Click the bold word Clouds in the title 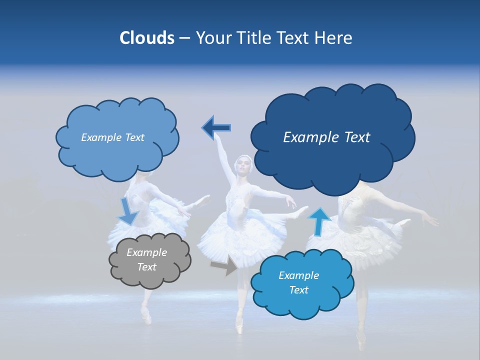pyautogui.click(x=146, y=38)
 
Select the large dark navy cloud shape pyautogui.click(x=332, y=137)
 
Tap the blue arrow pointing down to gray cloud pyautogui.click(x=128, y=211)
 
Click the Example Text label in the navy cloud pyautogui.click(x=326, y=137)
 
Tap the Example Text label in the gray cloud pyautogui.click(x=147, y=260)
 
